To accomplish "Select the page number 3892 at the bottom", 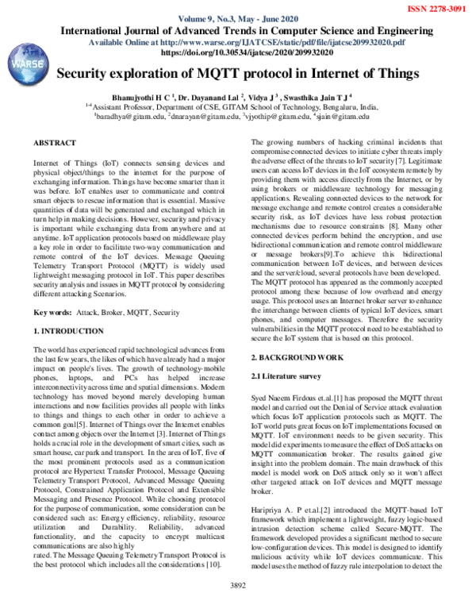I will [238, 607].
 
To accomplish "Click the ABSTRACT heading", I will [55, 142].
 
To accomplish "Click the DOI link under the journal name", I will [237, 52].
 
